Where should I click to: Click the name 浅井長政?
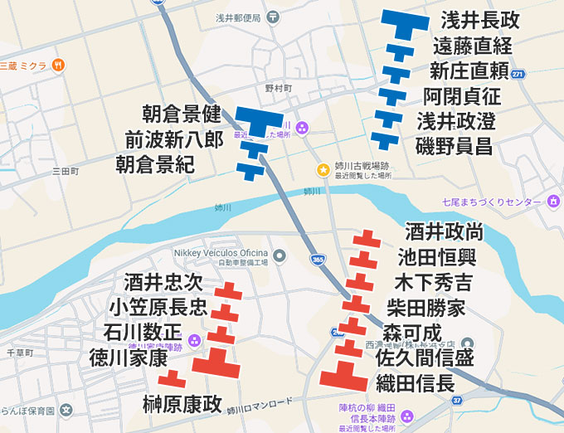(479, 20)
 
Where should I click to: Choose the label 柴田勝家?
(426, 309)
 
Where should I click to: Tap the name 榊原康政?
(182, 404)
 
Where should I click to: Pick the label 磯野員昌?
(454, 147)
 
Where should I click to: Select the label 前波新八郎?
(174, 139)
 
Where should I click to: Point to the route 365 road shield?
(318, 260)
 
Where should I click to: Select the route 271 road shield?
(518, 75)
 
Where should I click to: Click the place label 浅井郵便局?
(238, 17)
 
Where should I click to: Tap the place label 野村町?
(280, 88)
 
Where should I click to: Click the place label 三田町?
(64, 172)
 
